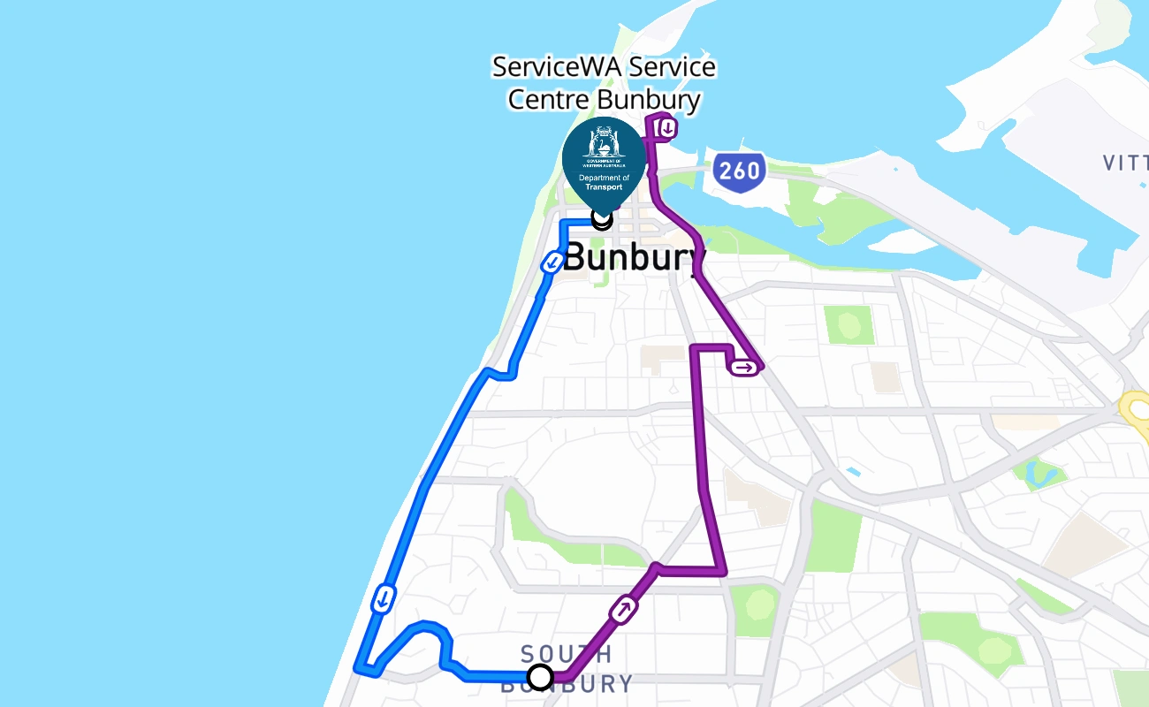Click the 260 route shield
coord(738,171)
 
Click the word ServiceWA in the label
coord(544,67)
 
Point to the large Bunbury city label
coord(635,258)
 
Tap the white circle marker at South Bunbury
coord(540,678)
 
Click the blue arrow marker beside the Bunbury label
coord(552,262)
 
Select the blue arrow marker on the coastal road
coord(384,598)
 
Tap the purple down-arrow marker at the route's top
coord(667,129)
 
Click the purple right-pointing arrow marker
coord(744,367)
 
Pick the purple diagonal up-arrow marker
coord(624,609)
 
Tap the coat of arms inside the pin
coord(604,145)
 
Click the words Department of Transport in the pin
coord(604,182)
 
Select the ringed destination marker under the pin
coord(602,217)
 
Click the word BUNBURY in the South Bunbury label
coord(567,685)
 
